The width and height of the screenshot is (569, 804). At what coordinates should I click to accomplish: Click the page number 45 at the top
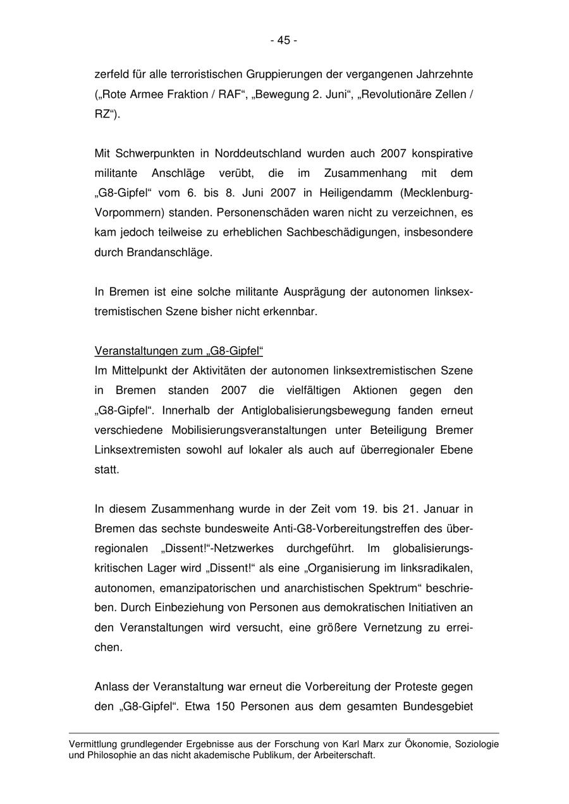pos(284,40)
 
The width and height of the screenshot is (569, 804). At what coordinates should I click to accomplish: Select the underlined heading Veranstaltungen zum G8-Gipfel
pos(178,351)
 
